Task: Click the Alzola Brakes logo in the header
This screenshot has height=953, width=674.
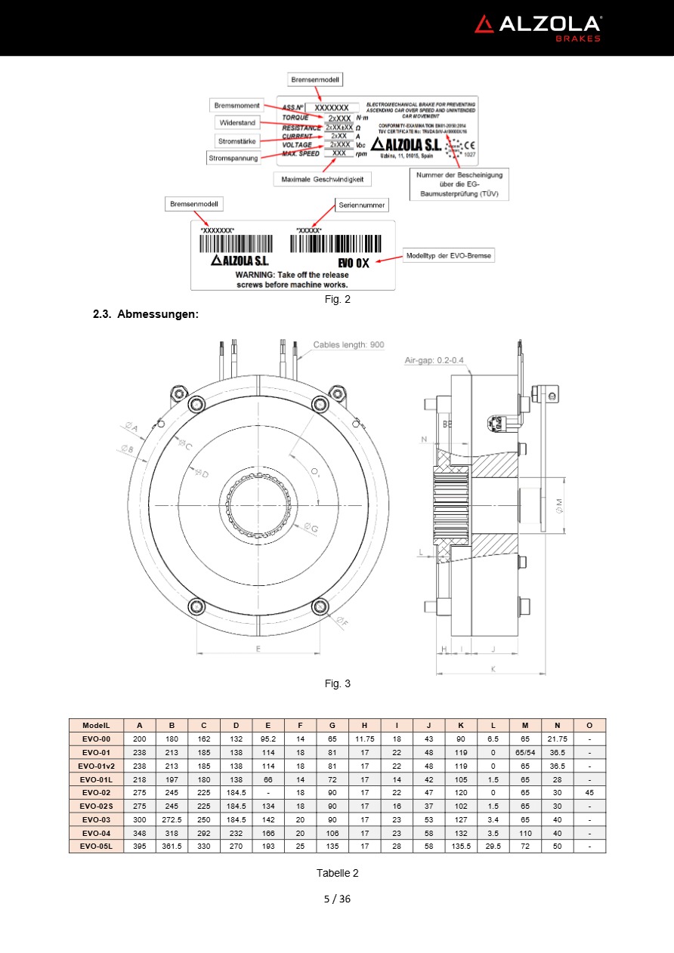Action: (537, 27)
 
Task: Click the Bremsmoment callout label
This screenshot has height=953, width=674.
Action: (237, 105)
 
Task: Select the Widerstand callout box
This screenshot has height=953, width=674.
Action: (237, 122)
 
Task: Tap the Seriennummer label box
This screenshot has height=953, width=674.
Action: (362, 205)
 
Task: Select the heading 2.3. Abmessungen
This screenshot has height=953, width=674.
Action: (145, 313)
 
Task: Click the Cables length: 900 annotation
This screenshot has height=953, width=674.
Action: (348, 344)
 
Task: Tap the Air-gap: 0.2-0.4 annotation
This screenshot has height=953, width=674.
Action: (434, 360)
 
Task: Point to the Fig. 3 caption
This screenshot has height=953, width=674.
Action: (337, 683)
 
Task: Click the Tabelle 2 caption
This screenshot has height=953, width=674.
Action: (337, 873)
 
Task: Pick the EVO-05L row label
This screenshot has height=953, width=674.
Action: (96, 847)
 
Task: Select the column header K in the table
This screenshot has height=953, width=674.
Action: (461, 725)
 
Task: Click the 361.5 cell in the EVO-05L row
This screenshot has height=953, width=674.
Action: (172, 847)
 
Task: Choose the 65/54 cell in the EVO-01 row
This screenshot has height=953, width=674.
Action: (525, 752)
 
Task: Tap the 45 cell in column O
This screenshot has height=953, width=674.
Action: (589, 792)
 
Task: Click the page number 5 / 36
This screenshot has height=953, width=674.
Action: (337, 899)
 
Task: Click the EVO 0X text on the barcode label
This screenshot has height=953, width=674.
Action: (354, 263)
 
